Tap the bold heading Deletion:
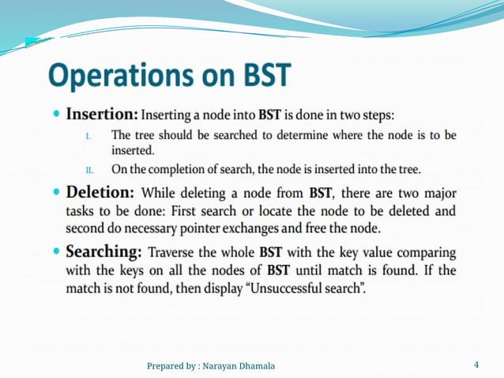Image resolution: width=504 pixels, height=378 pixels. [x=100, y=192]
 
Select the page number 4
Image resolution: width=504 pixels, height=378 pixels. [x=476, y=365]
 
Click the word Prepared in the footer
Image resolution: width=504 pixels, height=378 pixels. [x=167, y=365]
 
